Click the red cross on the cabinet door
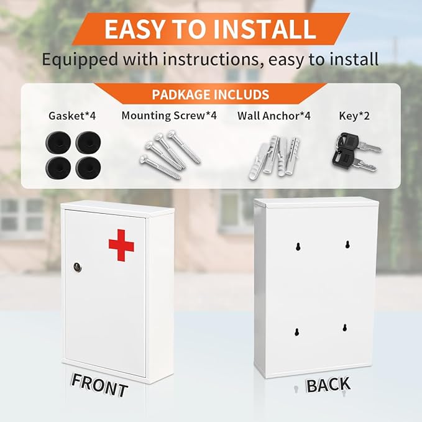click(x=121, y=245)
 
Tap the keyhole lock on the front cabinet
click(x=77, y=267)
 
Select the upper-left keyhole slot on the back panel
click(x=298, y=247)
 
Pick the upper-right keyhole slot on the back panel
click(x=347, y=244)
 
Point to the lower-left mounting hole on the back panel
click(x=296, y=332)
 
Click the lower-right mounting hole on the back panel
click(x=345, y=328)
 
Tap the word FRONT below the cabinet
click(x=99, y=385)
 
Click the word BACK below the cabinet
click(x=328, y=385)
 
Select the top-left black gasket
click(x=58, y=143)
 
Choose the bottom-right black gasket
click(x=88, y=167)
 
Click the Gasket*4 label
click(x=72, y=116)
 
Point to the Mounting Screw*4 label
click(x=169, y=116)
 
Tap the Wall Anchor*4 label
click(x=274, y=116)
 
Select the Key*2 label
click(x=354, y=116)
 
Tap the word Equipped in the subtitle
click(x=80, y=60)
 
